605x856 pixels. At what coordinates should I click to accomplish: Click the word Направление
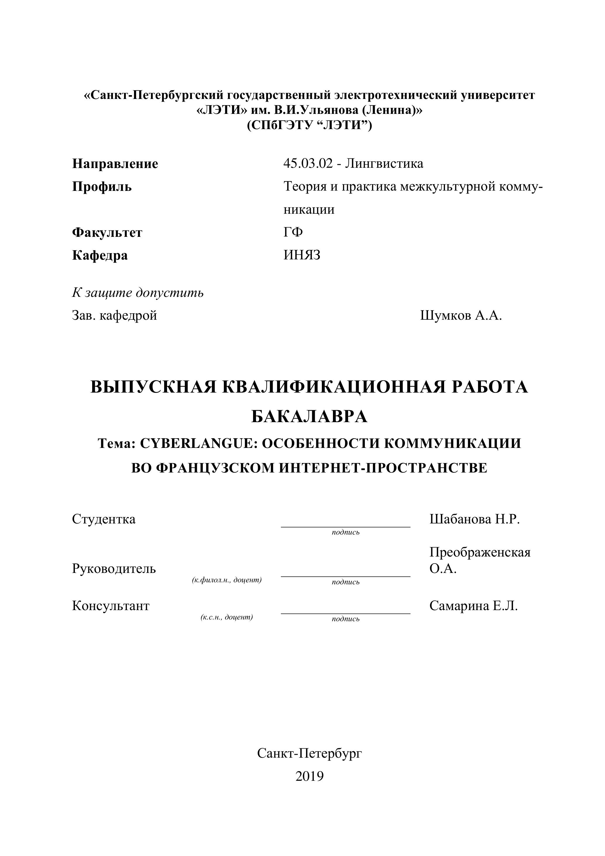coord(115,164)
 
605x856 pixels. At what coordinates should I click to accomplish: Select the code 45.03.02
coord(308,163)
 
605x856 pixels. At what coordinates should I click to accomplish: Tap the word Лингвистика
coord(384,163)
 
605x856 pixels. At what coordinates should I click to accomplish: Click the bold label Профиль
coord(102,186)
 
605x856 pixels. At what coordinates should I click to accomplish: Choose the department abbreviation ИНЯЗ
coord(302,255)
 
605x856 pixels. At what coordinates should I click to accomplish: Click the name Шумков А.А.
coord(461,316)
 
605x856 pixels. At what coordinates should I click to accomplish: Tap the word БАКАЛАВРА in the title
coord(309,417)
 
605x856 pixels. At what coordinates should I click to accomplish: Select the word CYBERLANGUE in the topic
coord(197,443)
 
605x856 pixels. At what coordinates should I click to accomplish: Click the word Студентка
coord(104,519)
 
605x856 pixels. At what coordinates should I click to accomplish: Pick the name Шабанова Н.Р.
coord(474,519)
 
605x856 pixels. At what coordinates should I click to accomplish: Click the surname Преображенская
coord(480,552)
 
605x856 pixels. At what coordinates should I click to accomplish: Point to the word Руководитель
coord(114,569)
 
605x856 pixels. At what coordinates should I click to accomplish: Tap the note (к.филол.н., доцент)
coord(226,580)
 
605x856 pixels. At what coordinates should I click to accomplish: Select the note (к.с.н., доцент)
coord(226,617)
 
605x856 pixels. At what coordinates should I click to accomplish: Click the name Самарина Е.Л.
coord(473,606)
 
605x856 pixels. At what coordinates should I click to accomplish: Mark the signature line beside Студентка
coord(345,526)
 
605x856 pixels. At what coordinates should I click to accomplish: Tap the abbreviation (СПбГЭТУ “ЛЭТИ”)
coord(309,125)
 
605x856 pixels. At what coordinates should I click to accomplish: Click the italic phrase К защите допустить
coord(138,293)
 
